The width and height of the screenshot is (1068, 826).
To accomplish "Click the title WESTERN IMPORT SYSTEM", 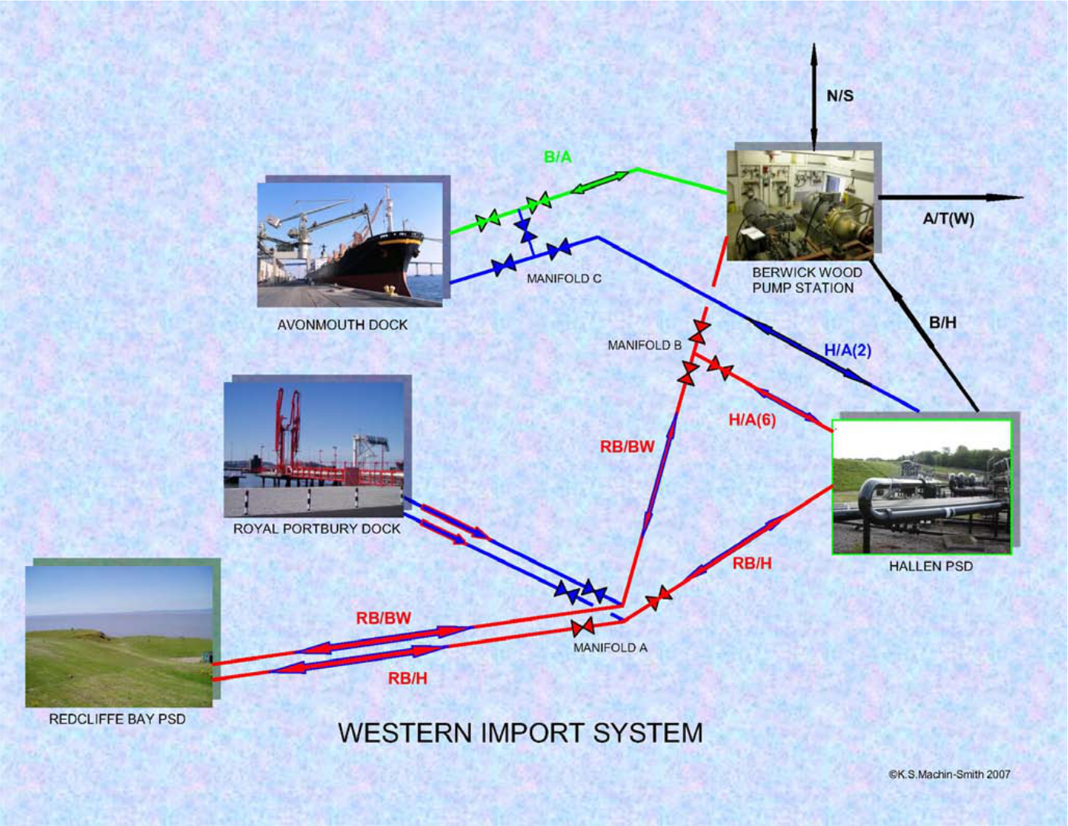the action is pyautogui.click(x=521, y=733).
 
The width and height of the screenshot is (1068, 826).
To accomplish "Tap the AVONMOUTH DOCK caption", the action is pyautogui.click(x=342, y=325).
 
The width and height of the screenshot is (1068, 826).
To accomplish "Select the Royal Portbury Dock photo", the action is pyautogui.click(x=313, y=449).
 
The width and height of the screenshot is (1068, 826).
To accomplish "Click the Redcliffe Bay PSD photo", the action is pyautogui.click(x=119, y=636).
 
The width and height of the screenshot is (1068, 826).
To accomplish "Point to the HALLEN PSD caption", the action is pyautogui.click(x=931, y=567).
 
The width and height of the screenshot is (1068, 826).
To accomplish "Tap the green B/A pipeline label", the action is pyautogui.click(x=558, y=157).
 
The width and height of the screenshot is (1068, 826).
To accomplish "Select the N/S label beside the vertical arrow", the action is pyautogui.click(x=840, y=96).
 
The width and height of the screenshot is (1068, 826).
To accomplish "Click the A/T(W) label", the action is pyautogui.click(x=948, y=220).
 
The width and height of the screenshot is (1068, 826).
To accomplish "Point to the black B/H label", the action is pyautogui.click(x=943, y=323).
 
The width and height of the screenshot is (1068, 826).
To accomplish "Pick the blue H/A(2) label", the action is pyautogui.click(x=848, y=351).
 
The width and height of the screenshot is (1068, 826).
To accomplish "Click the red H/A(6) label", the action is pyautogui.click(x=752, y=420).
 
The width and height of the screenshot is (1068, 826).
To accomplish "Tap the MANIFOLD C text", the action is pyautogui.click(x=564, y=279).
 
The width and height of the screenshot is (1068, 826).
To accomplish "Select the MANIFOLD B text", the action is pyautogui.click(x=645, y=346).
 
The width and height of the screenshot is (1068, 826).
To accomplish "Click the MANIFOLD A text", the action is pyautogui.click(x=611, y=648).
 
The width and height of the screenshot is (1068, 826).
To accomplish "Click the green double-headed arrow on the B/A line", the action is pyautogui.click(x=601, y=182).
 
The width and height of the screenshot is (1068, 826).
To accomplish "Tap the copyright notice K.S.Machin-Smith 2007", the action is pyautogui.click(x=950, y=774).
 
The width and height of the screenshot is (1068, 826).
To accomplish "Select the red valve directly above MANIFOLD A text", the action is pyautogui.click(x=583, y=628).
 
